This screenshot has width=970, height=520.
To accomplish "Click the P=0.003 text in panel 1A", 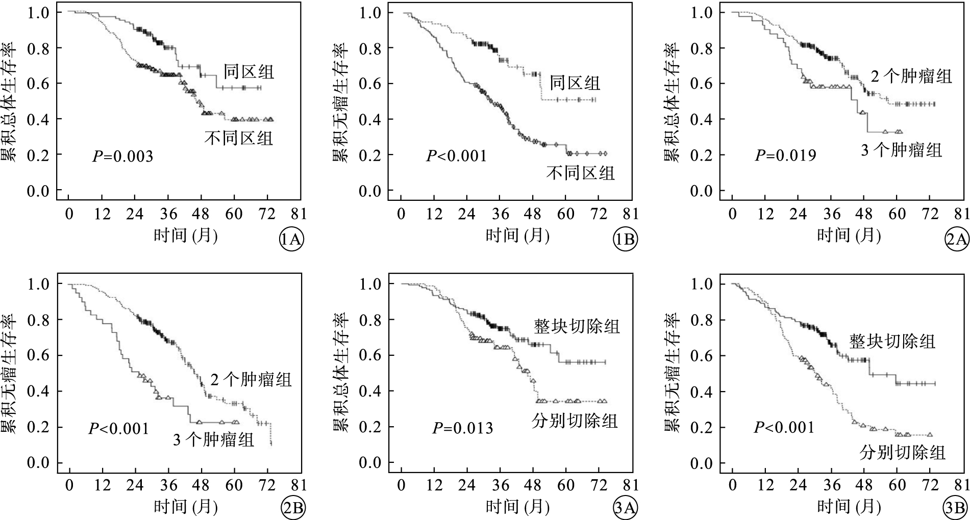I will click(122, 156).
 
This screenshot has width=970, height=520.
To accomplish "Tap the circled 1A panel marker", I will click(291, 240).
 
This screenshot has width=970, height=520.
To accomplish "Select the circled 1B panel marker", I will click(625, 240).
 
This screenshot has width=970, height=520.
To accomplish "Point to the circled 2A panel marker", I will click(957, 240).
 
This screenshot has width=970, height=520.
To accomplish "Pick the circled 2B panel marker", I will click(292, 508).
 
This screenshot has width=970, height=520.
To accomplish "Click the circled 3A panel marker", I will click(625, 508).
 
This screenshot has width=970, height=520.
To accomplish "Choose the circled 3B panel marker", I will click(956, 508).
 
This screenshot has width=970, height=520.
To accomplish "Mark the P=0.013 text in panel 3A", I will click(463, 427).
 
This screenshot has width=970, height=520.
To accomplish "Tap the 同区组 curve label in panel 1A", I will click(249, 71).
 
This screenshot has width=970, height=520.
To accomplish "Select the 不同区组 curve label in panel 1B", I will click(581, 173).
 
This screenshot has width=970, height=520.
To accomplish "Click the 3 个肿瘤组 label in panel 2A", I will click(901, 150).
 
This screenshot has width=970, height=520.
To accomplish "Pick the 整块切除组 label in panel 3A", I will click(577, 325).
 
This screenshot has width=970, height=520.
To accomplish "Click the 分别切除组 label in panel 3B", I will click(902, 452).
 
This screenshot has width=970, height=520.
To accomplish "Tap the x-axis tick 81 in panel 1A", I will click(300, 213).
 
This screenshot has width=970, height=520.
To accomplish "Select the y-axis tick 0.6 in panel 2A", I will click(701, 84).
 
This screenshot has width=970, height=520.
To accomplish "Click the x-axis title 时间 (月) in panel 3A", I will click(517, 506).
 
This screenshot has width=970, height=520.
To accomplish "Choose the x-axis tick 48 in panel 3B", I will click(864, 484).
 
